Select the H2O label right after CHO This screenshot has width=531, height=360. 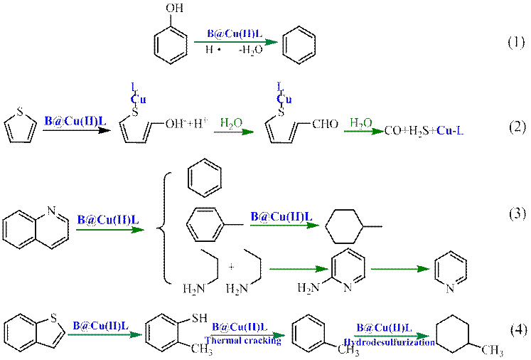tap(360, 122)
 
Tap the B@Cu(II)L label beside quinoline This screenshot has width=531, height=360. tap(107, 220)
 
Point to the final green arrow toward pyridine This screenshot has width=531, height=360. tap(401, 268)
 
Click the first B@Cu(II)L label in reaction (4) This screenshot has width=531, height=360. tap(100, 326)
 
